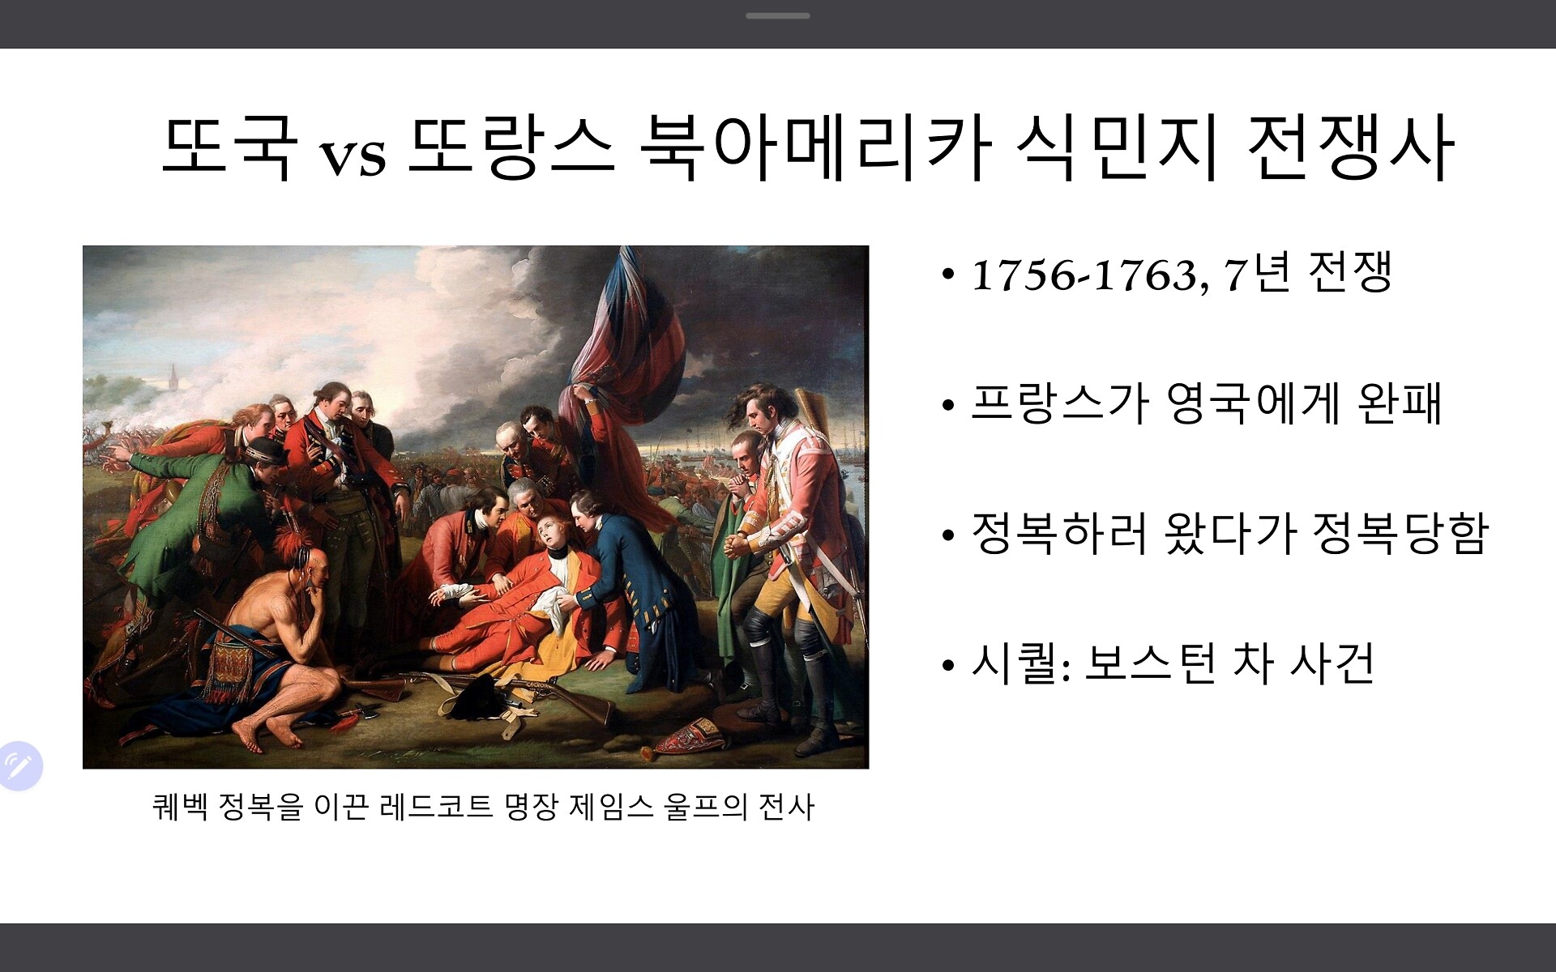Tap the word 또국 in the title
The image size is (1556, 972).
click(x=229, y=147)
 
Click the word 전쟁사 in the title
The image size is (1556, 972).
click(x=1350, y=147)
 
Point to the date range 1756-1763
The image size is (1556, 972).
click(x=1084, y=275)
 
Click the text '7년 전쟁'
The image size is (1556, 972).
click(x=1307, y=272)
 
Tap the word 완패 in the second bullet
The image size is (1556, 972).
click(x=1400, y=403)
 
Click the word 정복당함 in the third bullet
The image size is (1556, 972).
click(x=1400, y=533)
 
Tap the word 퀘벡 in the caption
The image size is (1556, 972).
click(x=180, y=807)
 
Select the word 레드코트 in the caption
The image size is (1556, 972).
click(x=435, y=807)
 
